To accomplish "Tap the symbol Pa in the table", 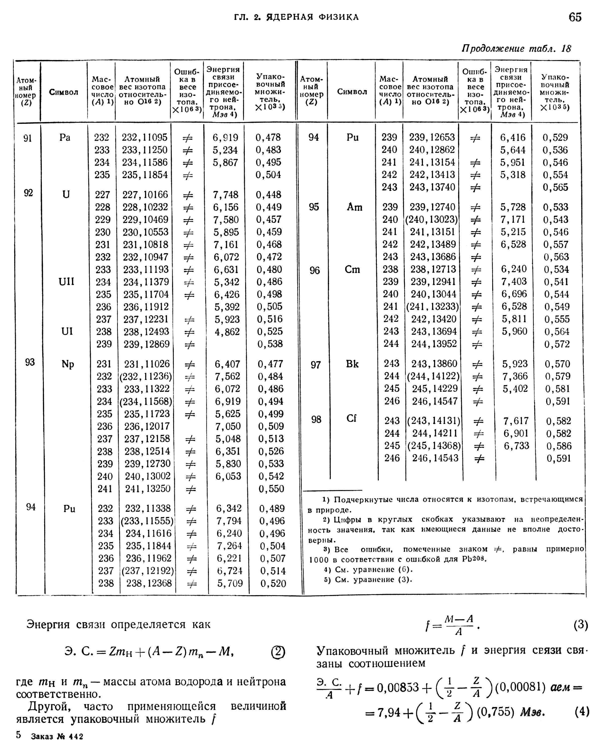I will click(x=65, y=138).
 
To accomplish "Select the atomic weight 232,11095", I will click(x=144, y=138).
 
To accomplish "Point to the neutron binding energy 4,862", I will click(x=227, y=332).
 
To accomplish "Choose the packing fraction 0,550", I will click(x=271, y=489).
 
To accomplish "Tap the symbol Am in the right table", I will click(x=354, y=207).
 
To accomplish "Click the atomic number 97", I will click(x=315, y=365).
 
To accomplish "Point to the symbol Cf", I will click(x=352, y=418).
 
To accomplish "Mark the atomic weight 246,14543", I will click(x=435, y=458).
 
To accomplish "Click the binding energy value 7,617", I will click(x=516, y=421).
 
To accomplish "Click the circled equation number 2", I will click(x=278, y=652).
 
